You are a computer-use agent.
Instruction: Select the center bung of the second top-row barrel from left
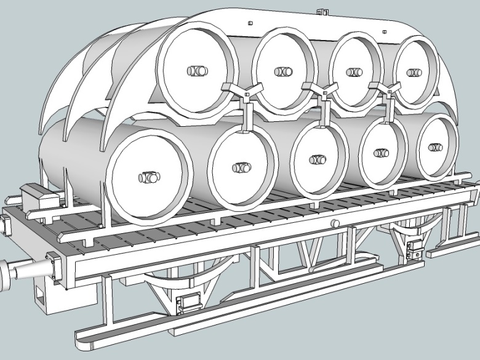(x=283, y=71)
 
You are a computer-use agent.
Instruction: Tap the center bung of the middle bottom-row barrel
(x=318, y=159)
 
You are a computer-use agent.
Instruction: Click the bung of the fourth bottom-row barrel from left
(x=382, y=153)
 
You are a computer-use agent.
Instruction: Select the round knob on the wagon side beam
(x=335, y=223)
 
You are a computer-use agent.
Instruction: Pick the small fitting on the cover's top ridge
(x=320, y=12)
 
